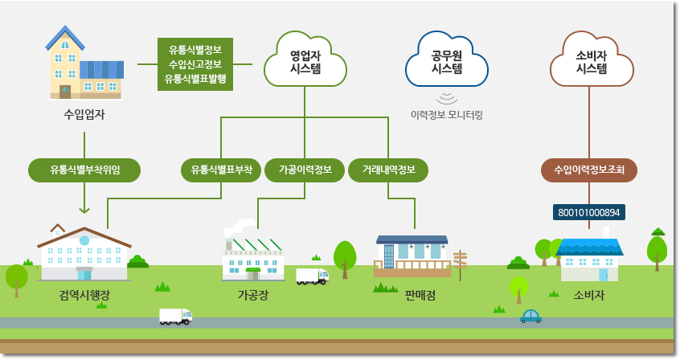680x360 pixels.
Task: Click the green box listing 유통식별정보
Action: pyautogui.click(x=195, y=64)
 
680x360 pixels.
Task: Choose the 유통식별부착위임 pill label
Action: pyautogui.click(x=84, y=170)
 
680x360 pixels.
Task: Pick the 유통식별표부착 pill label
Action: pyautogui.click(x=221, y=170)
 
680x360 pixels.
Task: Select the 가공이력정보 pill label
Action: pyautogui.click(x=305, y=170)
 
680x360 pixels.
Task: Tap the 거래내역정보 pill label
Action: pyautogui.click(x=388, y=170)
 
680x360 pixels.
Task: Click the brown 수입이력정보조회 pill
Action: pyautogui.click(x=589, y=170)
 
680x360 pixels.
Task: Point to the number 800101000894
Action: pyautogui.click(x=589, y=212)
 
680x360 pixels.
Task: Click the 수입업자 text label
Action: pyautogui.click(x=84, y=114)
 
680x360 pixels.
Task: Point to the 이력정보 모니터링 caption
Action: pyautogui.click(x=447, y=115)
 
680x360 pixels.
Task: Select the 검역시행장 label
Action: pyautogui.click(x=84, y=296)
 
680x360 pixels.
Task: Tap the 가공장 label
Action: pyautogui.click(x=253, y=296)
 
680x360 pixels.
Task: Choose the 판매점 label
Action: pyautogui.click(x=420, y=296)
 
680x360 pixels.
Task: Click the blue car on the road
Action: pyautogui.click(x=530, y=317)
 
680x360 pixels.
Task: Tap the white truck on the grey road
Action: pyautogui.click(x=176, y=317)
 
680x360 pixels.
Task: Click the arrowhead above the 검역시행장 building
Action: pyautogui.click(x=84, y=211)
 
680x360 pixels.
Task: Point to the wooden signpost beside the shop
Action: pyautogui.click(x=460, y=264)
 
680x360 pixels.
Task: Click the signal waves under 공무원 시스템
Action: pyautogui.click(x=447, y=99)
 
